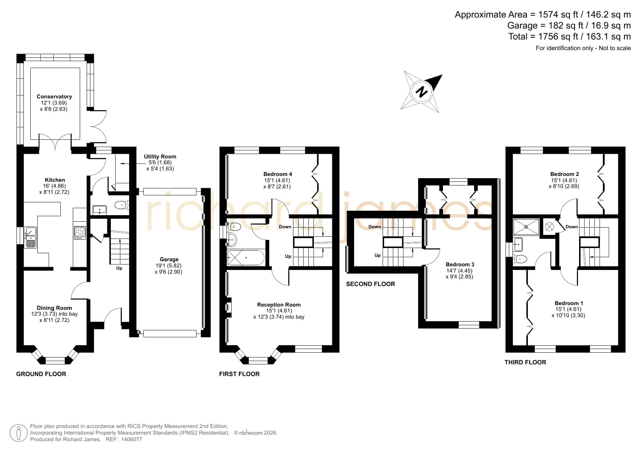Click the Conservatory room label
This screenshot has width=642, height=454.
[x=54, y=97]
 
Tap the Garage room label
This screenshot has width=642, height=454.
[x=169, y=259]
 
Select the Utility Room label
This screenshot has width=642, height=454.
[x=160, y=157]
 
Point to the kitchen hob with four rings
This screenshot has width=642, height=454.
[x=80, y=233]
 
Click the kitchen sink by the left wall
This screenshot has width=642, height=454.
[x=31, y=237]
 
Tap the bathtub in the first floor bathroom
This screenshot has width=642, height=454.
[x=245, y=258]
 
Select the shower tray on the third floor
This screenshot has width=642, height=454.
[x=526, y=227]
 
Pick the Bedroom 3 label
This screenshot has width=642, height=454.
[x=460, y=264]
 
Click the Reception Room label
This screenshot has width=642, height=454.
[x=279, y=305]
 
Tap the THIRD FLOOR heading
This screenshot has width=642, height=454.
[x=525, y=362]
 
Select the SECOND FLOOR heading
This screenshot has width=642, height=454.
[x=371, y=284]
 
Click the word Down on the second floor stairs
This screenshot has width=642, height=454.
[x=375, y=227]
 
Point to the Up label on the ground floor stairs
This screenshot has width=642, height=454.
[x=119, y=268]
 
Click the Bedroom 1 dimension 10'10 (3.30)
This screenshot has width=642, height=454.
[x=568, y=315]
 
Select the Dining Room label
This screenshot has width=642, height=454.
[x=54, y=308]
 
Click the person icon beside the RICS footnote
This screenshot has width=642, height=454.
[x=18, y=433]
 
